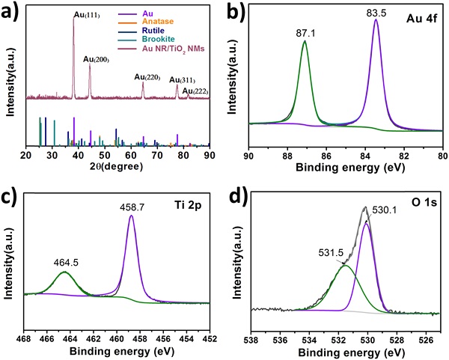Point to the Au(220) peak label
coord(147,76)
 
